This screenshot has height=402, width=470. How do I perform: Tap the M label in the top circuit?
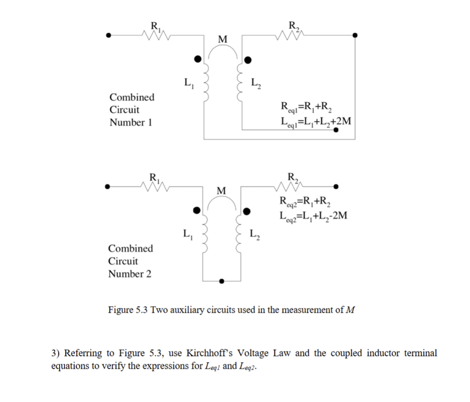[222, 39]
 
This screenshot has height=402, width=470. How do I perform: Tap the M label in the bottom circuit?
[222, 190]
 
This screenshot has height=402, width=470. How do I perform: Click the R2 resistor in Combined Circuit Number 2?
[291, 186]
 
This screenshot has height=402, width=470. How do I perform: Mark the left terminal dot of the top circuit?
[109, 36]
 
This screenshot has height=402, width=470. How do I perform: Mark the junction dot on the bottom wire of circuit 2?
[222, 281]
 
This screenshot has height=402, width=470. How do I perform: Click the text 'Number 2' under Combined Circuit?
[129, 274]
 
